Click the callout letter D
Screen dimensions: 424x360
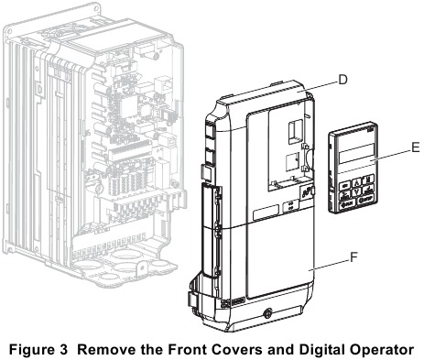click(342, 80)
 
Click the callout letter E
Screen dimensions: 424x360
click(415, 147)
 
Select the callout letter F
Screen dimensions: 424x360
click(353, 257)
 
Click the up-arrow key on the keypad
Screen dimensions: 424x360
click(356, 183)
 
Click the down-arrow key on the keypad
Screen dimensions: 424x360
click(357, 192)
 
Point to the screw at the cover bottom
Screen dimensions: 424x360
click(267, 313)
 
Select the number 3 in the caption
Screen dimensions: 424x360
click(63, 350)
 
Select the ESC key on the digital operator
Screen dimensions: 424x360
click(345, 185)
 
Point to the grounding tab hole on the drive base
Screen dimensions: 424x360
click(142, 267)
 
